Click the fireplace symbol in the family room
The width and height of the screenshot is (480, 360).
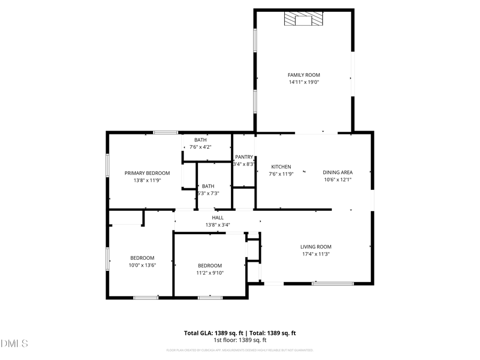tap(303, 20)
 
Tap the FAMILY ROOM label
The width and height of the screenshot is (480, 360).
tap(304, 75)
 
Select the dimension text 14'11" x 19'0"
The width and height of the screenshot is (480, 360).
tap(304, 83)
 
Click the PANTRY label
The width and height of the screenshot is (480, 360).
tap(244, 157)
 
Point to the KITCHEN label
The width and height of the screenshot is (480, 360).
tap(281, 166)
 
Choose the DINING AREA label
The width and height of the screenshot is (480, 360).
tap(338, 172)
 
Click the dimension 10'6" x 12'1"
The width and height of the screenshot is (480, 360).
tap(338, 180)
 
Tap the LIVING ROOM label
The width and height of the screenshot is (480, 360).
tap(316, 247)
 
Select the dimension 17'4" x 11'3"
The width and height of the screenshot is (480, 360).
tap(316, 254)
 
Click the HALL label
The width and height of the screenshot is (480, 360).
tap(218, 218)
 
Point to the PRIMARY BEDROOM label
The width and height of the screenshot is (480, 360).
tap(147, 173)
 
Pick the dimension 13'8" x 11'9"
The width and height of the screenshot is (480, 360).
tap(147, 180)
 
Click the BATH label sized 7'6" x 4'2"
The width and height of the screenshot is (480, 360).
tap(200, 140)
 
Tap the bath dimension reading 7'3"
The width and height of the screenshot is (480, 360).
tap(208, 193)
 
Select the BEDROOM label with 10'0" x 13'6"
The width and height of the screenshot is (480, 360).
tap(142, 258)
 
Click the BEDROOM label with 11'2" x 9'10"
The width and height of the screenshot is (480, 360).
tap(210, 266)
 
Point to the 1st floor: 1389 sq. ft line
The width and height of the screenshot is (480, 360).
tap(240, 340)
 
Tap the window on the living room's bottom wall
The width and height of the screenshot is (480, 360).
tap(325, 283)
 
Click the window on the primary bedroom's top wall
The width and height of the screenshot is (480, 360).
tap(165, 132)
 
